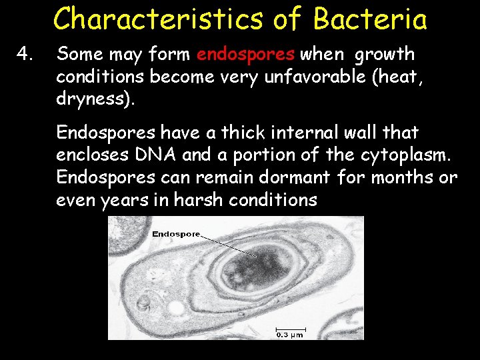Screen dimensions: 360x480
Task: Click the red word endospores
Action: (245, 55)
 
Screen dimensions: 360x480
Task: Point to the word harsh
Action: (199, 199)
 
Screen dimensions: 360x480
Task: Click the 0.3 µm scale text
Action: (290, 335)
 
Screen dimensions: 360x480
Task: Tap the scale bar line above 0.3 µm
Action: (291, 328)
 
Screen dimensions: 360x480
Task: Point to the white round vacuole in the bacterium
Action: (177, 308)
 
